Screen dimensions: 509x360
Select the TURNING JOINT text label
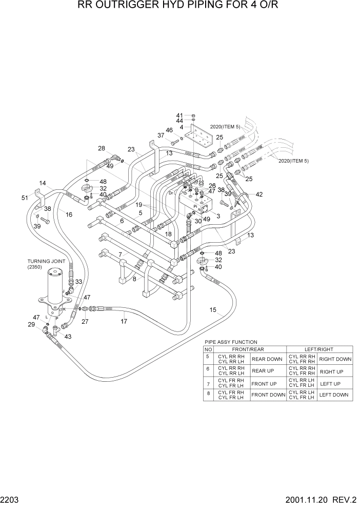click(x=47, y=261)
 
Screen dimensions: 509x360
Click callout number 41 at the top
click(x=179, y=115)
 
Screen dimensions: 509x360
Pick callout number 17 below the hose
click(x=124, y=321)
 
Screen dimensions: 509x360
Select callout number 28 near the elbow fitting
click(x=102, y=148)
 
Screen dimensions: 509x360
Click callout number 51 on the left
click(x=25, y=198)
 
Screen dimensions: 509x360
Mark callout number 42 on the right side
click(x=259, y=194)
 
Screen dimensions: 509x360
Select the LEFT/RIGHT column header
click(x=319, y=349)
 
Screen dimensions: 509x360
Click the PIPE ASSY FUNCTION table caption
click(x=231, y=342)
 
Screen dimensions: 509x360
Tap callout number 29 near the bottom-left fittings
click(x=31, y=325)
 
